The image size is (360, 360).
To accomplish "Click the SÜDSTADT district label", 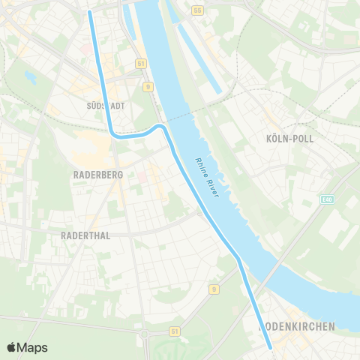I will click(106, 106).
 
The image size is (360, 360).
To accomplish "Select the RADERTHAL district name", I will click(85, 235).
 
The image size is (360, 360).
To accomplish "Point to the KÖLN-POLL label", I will click(289, 139).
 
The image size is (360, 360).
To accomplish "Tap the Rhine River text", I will click(206, 177).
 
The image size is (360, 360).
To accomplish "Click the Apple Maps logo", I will click(27, 347).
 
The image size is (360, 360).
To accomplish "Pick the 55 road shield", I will click(198, 10).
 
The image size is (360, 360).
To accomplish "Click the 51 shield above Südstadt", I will click(140, 64).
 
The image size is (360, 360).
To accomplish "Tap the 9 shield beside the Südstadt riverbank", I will click(148, 86).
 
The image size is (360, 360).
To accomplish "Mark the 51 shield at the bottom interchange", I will click(174, 330).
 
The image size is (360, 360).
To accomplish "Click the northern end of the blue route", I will click(90, 12).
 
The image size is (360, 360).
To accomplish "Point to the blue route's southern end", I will click(270, 347).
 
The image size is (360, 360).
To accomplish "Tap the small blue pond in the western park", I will click(30, 76).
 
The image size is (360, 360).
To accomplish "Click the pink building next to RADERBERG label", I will click(142, 177).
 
